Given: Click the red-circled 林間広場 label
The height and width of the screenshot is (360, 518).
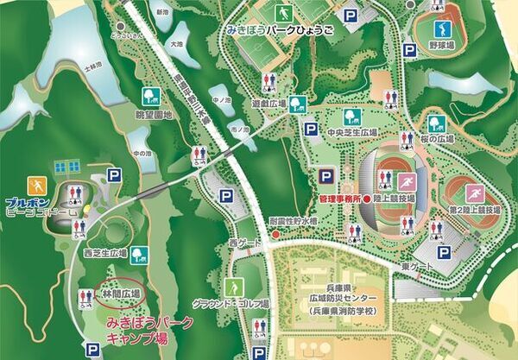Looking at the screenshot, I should point(121,294).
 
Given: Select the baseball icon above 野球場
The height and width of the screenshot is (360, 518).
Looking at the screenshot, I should point(443,24).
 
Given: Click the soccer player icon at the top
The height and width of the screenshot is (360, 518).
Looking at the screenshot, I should point(283,13).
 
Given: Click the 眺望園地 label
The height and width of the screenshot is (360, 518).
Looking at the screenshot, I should point(149,113).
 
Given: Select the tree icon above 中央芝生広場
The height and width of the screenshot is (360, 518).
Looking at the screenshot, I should point(351,117).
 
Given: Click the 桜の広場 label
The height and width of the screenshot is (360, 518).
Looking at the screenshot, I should point(436,138).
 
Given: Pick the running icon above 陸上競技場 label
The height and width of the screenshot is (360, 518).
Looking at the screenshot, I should point(407,182).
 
